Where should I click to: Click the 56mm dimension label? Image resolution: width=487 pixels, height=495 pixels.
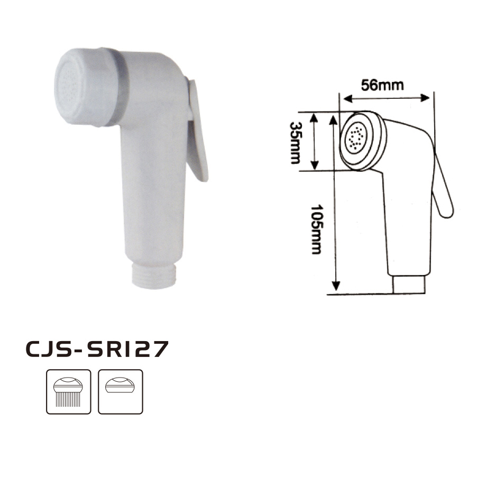click(x=382, y=85)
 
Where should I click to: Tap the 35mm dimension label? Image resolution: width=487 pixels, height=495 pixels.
click(x=296, y=143)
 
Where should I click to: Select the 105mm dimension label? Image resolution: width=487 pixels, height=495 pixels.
click(x=317, y=229)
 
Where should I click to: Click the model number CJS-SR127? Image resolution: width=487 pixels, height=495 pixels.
click(x=97, y=349)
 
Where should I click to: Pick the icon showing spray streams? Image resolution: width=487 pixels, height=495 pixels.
click(x=69, y=392)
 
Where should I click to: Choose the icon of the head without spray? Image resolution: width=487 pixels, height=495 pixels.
click(x=120, y=392)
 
